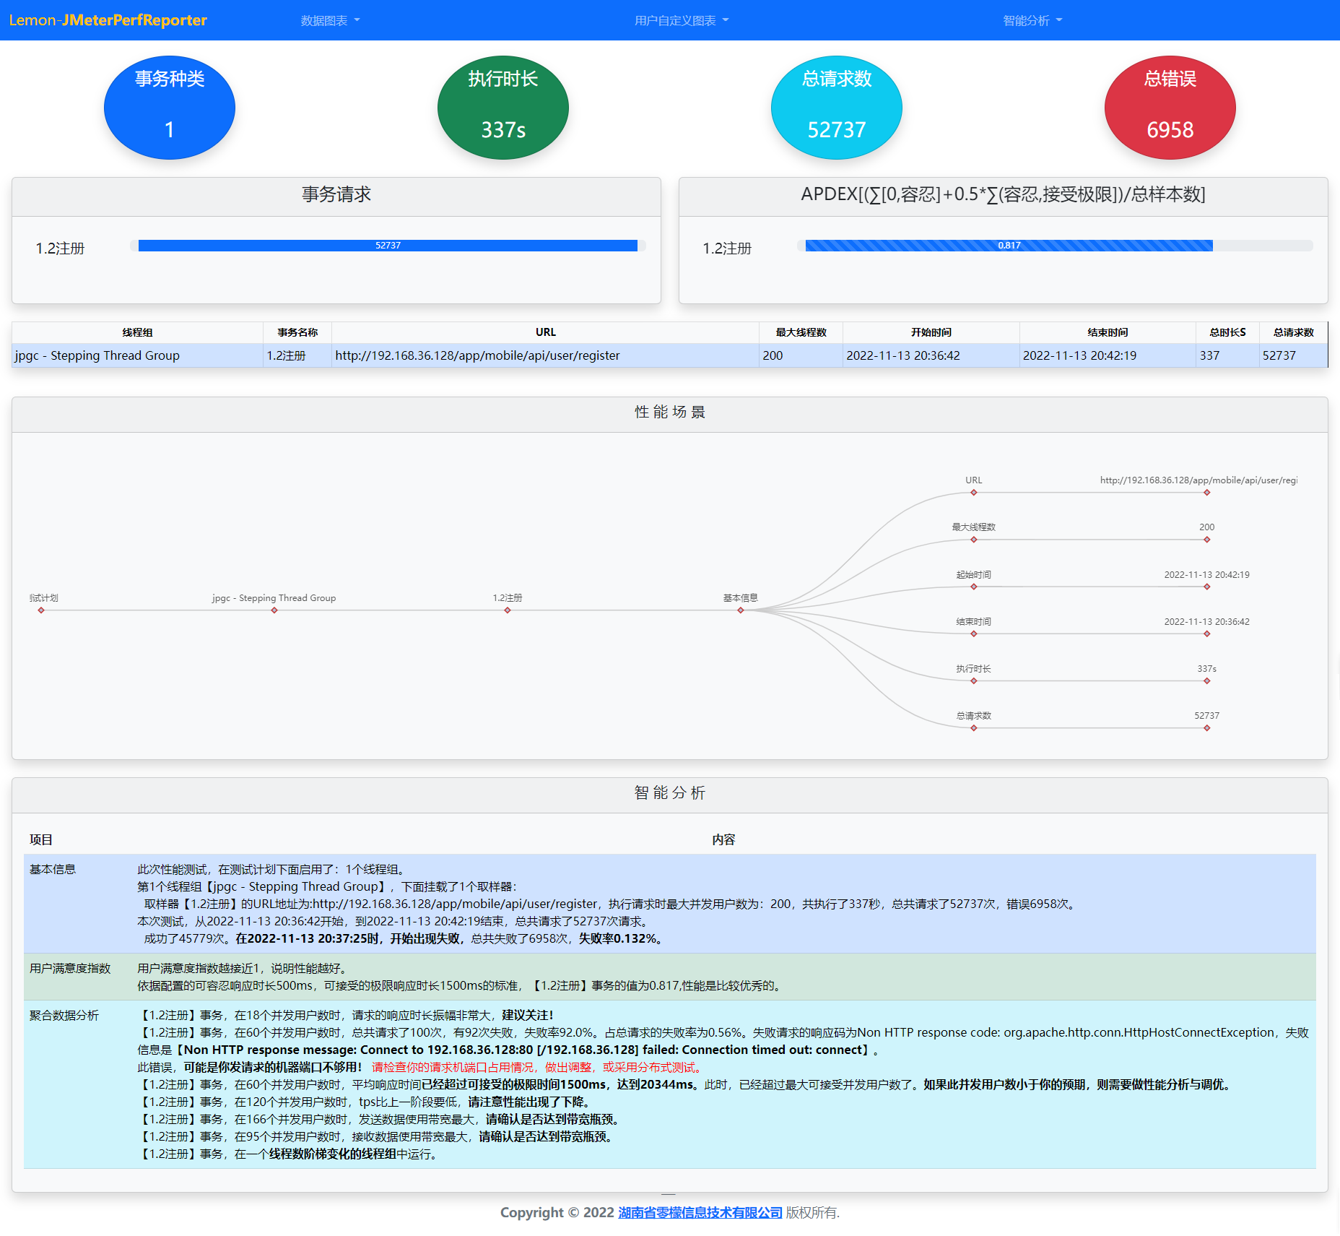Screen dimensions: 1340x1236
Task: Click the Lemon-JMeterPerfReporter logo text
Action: point(108,20)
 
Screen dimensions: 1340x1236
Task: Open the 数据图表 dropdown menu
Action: point(330,20)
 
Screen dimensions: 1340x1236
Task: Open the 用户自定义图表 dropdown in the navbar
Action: point(682,20)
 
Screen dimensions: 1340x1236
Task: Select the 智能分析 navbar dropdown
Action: point(1032,20)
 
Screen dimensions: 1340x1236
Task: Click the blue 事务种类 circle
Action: point(170,108)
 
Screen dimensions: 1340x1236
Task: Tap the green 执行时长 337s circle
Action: point(503,108)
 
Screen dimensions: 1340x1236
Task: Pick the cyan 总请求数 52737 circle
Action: point(837,108)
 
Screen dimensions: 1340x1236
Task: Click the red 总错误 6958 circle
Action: point(1170,108)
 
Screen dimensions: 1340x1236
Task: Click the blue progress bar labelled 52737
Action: point(388,246)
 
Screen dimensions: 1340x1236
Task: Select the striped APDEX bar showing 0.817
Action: point(1009,246)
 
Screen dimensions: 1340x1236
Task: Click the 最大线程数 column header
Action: point(801,332)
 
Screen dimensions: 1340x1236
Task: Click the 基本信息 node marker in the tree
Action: point(741,610)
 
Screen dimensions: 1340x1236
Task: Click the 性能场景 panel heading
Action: point(670,412)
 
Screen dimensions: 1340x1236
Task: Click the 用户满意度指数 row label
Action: point(70,968)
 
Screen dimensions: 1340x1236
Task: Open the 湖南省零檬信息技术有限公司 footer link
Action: point(700,1212)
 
